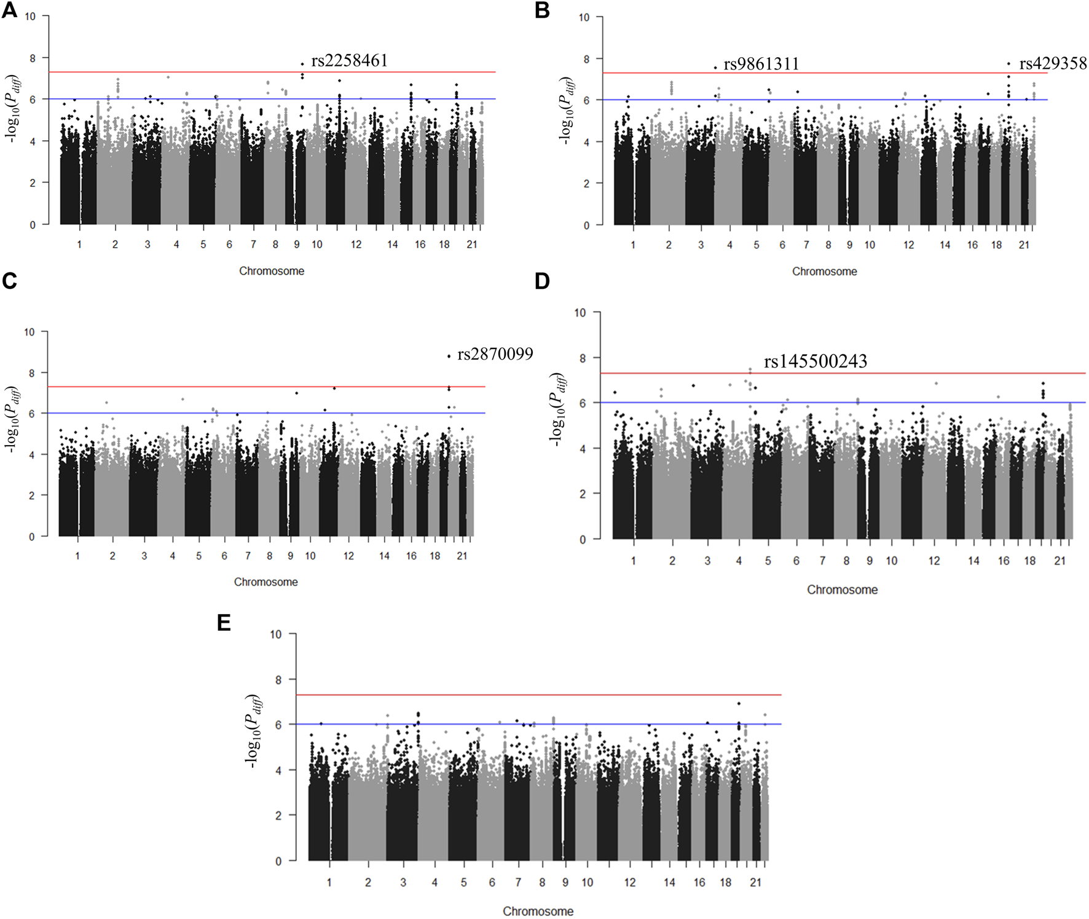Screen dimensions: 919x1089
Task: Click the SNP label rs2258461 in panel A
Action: click(349, 60)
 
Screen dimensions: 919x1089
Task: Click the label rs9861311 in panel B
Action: click(761, 64)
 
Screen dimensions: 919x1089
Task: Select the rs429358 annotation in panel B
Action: click(1053, 63)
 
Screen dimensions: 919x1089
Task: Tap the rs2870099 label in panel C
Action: click(495, 354)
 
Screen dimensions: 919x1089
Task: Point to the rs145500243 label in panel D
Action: click(815, 361)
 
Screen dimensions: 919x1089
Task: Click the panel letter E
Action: click(224, 623)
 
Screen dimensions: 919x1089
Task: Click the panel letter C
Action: click(9, 281)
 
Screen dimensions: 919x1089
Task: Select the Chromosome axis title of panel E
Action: click(538, 911)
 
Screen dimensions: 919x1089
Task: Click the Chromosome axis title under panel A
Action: click(272, 271)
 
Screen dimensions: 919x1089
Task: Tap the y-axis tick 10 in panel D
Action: click(580, 313)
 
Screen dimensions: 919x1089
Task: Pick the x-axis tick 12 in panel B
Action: click(908, 245)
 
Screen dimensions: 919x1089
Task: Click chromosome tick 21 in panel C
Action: click(462, 556)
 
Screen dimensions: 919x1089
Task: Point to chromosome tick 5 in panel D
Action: click(768, 561)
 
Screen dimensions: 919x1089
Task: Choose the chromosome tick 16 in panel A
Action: click(420, 244)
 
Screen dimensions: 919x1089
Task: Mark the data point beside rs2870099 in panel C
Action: click(449, 356)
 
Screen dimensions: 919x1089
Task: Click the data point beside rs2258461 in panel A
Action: click(302, 64)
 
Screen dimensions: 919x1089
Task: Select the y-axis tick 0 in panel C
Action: click(31, 537)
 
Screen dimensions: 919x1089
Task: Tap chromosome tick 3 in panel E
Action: click(403, 882)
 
